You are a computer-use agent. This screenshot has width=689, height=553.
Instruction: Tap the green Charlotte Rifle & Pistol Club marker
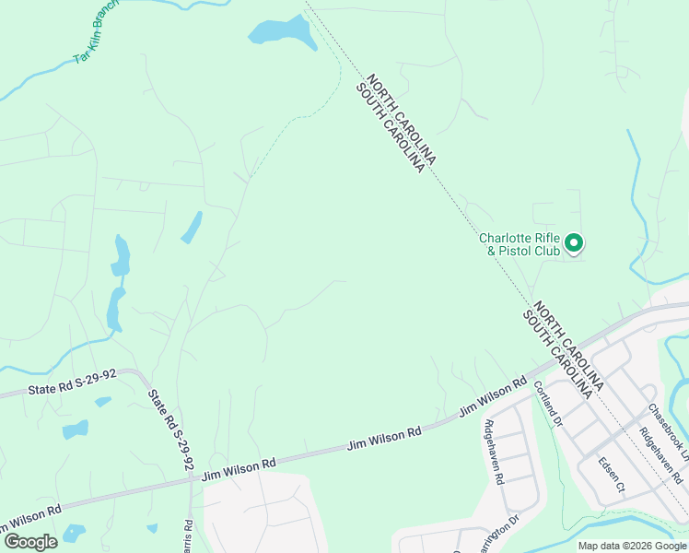coord(574,243)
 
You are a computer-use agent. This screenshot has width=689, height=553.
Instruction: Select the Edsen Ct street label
coord(611,474)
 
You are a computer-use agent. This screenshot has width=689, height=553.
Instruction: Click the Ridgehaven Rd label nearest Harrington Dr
coord(493,452)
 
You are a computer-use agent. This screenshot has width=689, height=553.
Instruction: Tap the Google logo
coord(29,542)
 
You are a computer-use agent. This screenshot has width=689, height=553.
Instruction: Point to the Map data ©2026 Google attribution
coord(632,546)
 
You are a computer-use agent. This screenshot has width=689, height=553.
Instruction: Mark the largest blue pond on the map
coord(281,32)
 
